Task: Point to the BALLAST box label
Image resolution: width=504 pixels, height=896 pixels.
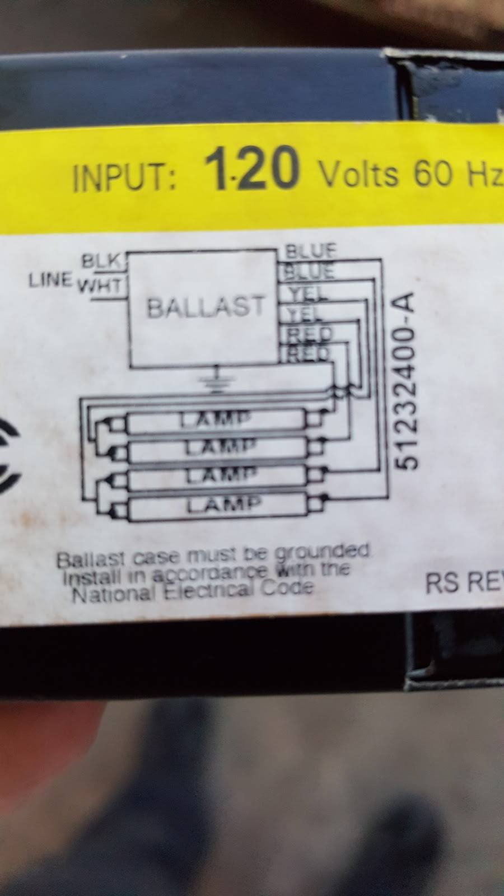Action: point(205,307)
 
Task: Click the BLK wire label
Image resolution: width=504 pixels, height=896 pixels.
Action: point(101,261)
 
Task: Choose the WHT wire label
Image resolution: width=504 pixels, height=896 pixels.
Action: point(99,286)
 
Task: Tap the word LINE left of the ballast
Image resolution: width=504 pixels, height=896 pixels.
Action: point(51,278)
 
